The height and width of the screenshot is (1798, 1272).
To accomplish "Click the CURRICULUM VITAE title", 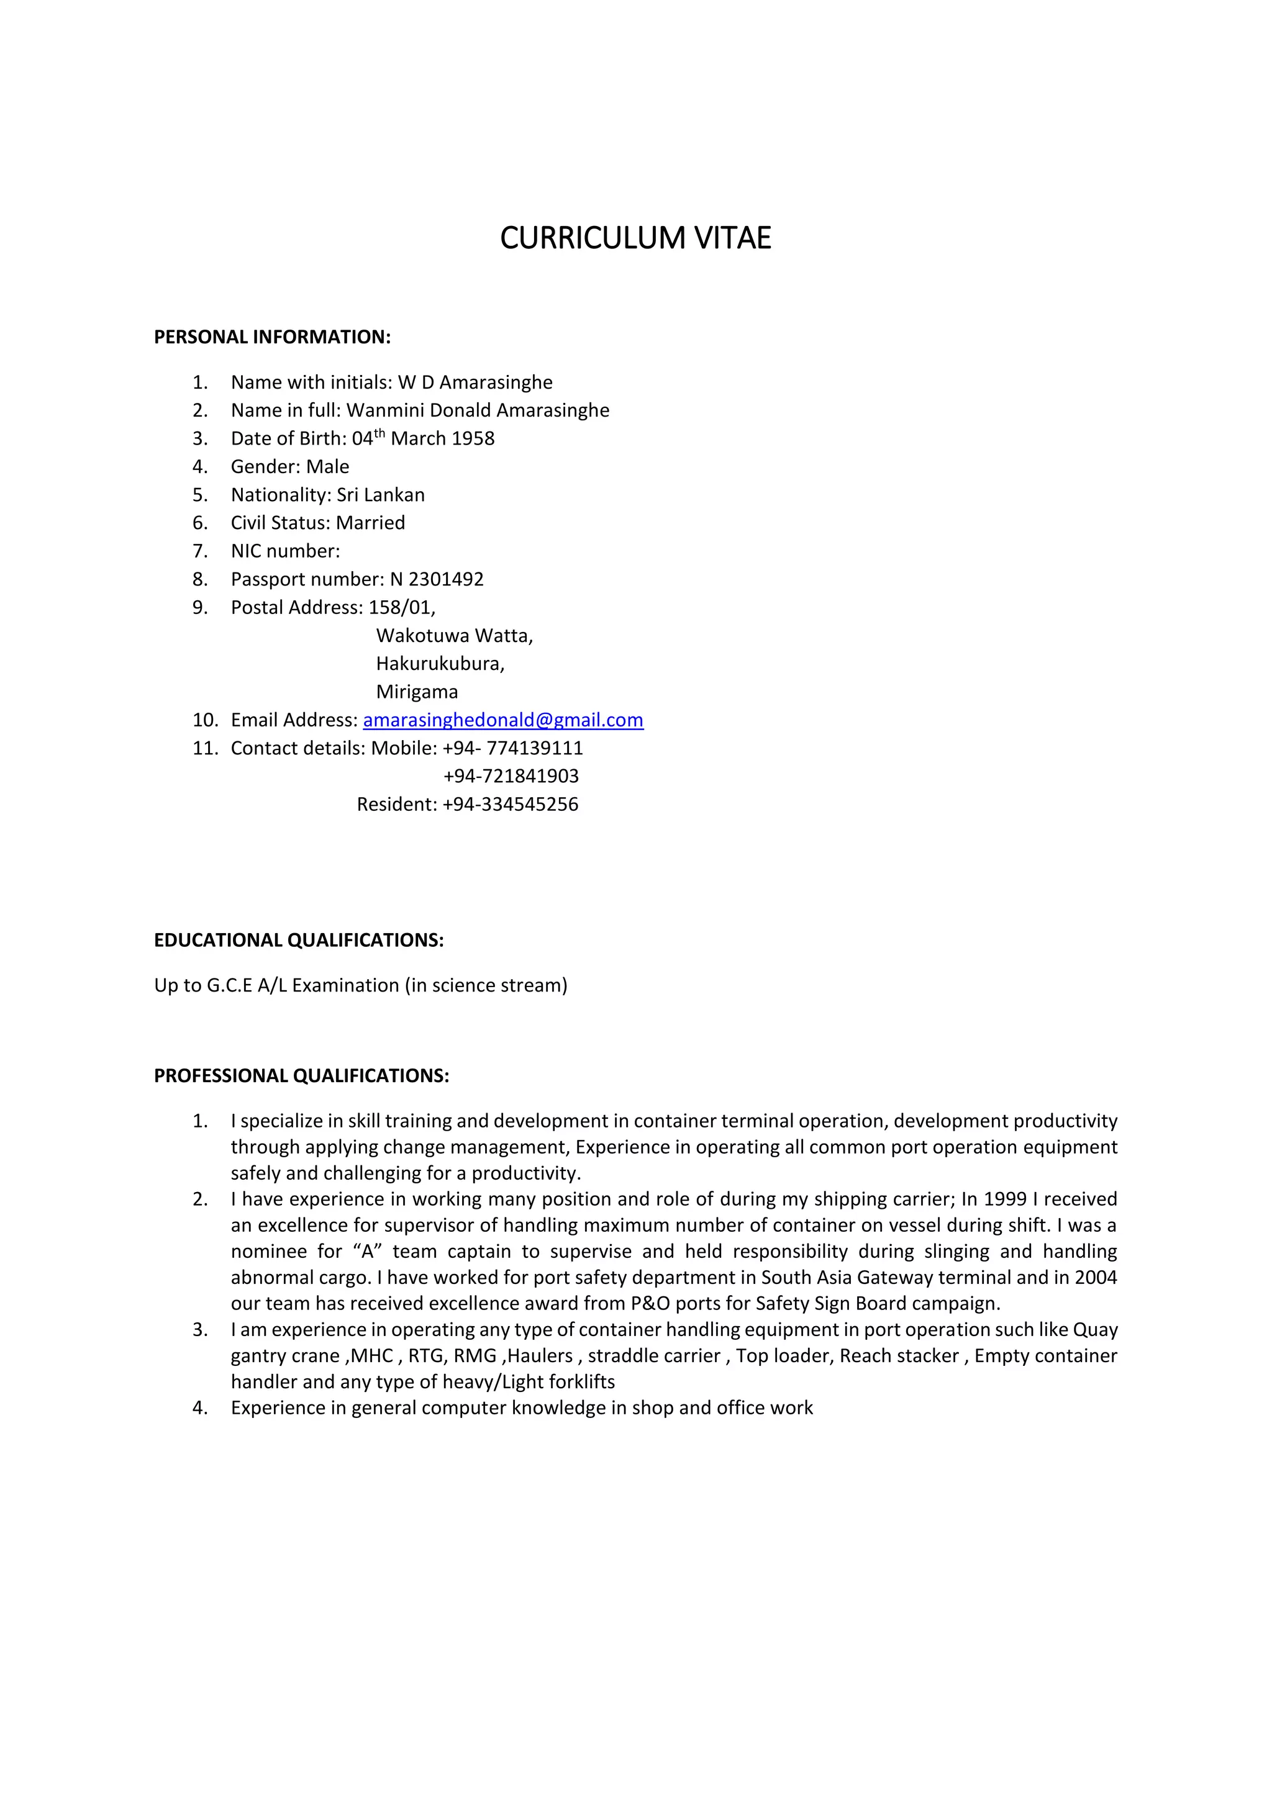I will (x=635, y=238).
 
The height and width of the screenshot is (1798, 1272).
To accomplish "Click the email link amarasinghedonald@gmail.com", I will (x=503, y=720).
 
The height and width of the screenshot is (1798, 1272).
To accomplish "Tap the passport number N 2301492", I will (x=436, y=579).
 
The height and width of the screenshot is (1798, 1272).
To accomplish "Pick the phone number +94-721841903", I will (x=511, y=776).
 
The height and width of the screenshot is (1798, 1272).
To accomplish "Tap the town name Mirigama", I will (x=417, y=692).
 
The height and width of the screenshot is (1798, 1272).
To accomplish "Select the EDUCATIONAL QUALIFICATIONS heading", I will (x=298, y=940).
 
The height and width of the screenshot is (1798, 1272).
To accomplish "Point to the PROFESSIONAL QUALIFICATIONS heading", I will (x=302, y=1075).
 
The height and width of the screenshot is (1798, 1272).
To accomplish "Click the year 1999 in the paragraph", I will (x=1005, y=1199).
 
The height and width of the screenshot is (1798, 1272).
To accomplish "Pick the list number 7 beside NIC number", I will (x=200, y=551).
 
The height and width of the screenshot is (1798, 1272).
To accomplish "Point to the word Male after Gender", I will (x=327, y=467).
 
